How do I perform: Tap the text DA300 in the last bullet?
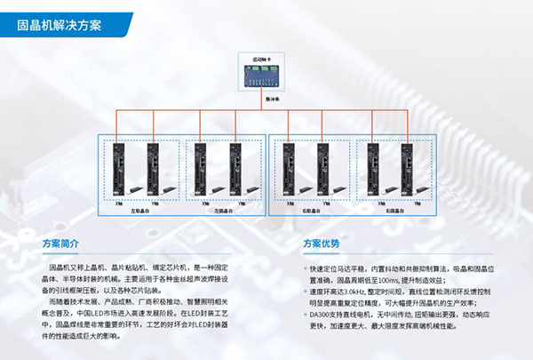point(321,313)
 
